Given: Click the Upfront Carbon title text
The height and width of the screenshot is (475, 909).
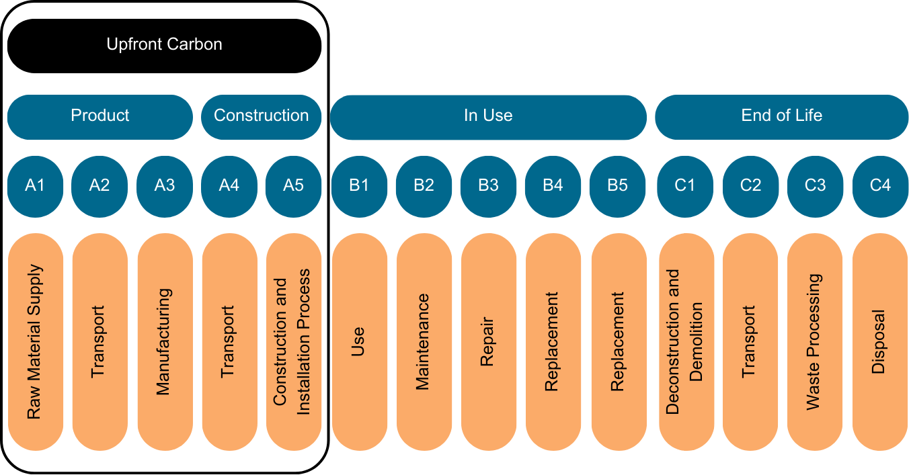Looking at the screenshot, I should coord(164,44).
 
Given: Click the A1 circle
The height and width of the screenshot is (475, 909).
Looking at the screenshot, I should coord(35,186).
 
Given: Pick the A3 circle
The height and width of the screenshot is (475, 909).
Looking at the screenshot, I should coord(165,186).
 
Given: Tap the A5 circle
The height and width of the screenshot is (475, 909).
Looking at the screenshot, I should coord(294,186).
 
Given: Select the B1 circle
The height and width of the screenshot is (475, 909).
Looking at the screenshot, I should coord(359,186).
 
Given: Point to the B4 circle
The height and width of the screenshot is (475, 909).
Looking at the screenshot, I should coord(553,186).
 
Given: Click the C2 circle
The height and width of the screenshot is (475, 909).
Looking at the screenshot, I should coord(750,186).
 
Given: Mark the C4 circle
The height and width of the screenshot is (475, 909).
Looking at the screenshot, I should coord(880,186).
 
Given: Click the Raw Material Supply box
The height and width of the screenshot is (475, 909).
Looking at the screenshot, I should coord(35,342).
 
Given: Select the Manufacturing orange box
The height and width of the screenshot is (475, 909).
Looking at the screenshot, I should coord(165,342).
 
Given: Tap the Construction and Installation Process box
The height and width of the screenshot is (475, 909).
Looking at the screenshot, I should coord(294,342).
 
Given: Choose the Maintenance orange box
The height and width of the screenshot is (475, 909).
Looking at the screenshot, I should coord(424,342).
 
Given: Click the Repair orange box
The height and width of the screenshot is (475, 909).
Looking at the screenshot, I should coord(488,342).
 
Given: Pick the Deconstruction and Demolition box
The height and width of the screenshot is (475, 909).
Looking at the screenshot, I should coord(686,342).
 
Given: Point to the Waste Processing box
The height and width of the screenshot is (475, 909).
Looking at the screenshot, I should coord(815,342).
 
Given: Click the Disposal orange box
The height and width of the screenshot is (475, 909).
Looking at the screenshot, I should coord(880,342).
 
